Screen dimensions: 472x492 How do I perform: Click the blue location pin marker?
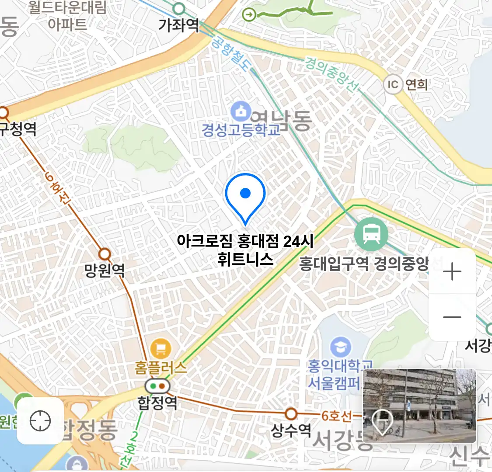pyautogui.click(x=245, y=195)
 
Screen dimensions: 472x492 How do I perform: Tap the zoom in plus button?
pyautogui.click(x=452, y=272)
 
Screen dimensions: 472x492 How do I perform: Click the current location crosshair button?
pyautogui.click(x=40, y=421)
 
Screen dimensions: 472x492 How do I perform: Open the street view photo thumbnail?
pyautogui.click(x=419, y=406)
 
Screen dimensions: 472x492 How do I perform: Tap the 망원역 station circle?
pyautogui.click(x=105, y=254)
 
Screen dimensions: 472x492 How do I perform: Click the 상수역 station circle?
pyautogui.click(x=291, y=413)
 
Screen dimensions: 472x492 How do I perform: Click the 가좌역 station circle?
pyautogui.click(x=178, y=8)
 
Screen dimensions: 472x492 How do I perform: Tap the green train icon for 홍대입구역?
pyautogui.click(x=371, y=235)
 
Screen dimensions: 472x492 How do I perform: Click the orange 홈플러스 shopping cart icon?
pyautogui.click(x=161, y=349)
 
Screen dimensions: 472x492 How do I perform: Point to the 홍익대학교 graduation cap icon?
pyautogui.click(x=341, y=347)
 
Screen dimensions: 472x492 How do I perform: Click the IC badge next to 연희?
pyautogui.click(x=393, y=84)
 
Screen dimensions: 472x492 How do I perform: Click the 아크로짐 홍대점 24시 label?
pyautogui.click(x=245, y=241)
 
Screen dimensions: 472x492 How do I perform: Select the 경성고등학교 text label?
pyautogui.click(x=241, y=130)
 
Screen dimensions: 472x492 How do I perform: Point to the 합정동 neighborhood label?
pyautogui.click(x=90, y=430)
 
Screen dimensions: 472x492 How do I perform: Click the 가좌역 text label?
pyautogui.click(x=178, y=25)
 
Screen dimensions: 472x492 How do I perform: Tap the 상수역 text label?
pyautogui.click(x=291, y=430)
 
